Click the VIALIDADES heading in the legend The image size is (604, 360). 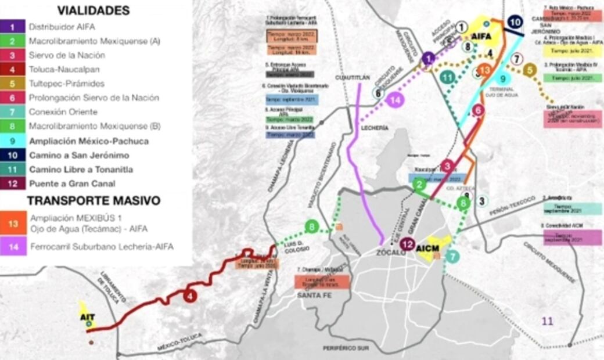(x=93, y=10)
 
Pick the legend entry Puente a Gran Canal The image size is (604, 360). (x=71, y=183)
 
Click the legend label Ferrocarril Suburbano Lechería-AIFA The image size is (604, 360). (x=100, y=247)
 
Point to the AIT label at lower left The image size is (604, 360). (x=88, y=316)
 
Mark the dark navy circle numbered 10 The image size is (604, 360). (x=514, y=23)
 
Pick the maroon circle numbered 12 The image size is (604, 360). (x=408, y=244)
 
